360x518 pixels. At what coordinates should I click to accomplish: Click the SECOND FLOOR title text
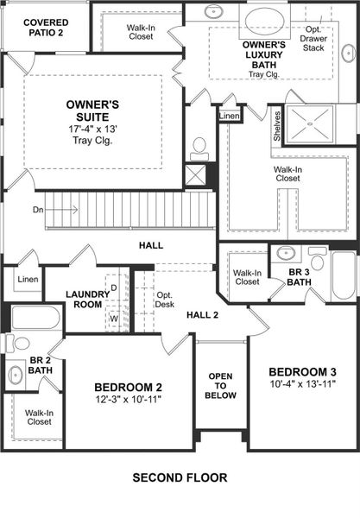(x=180, y=477)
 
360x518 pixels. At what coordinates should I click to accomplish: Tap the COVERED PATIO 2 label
(x=47, y=28)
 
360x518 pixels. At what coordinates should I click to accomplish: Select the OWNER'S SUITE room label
(x=92, y=111)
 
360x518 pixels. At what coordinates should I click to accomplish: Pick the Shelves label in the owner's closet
(x=277, y=126)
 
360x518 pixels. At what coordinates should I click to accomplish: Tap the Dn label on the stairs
(x=38, y=209)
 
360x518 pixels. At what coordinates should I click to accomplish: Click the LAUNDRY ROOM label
(x=88, y=300)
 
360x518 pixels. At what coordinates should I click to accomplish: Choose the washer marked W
(x=114, y=318)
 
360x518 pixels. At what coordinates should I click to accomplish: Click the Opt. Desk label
(x=164, y=299)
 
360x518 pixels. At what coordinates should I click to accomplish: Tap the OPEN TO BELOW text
(x=221, y=385)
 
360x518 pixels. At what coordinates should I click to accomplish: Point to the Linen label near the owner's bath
(x=229, y=115)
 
